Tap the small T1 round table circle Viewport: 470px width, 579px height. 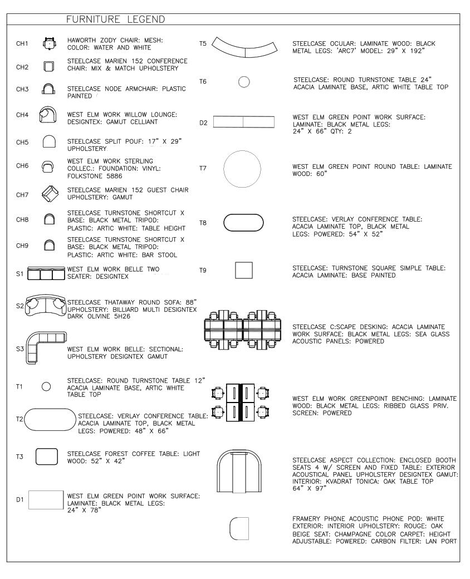tap(47, 386)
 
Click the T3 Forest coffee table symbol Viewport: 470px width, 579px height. tap(47, 457)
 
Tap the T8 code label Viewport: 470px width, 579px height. tap(203, 222)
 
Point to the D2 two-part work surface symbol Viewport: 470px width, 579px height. tap(243, 122)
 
